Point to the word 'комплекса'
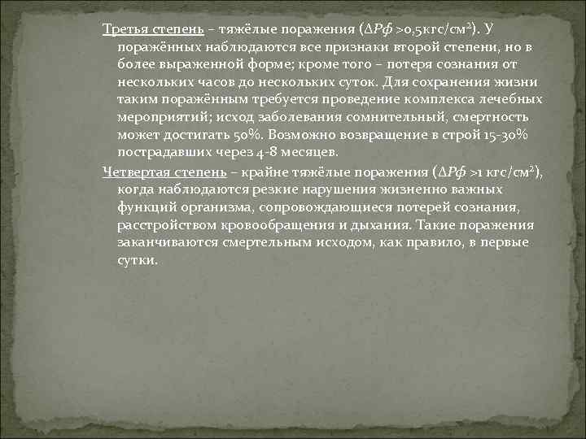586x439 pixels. click(440, 100)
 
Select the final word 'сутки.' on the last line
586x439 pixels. click(136, 260)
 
